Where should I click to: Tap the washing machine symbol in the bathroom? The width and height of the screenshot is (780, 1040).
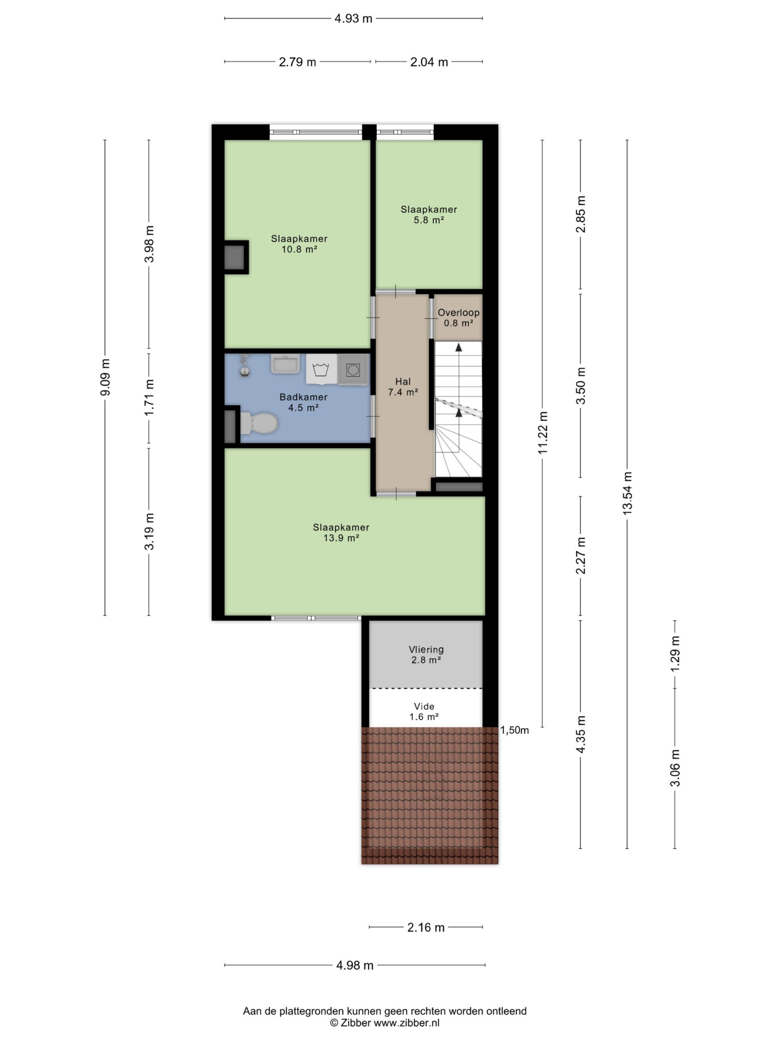coord(321,369)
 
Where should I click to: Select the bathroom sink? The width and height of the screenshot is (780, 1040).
coord(285,364)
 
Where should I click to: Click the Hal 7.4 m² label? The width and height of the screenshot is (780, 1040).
coord(403,386)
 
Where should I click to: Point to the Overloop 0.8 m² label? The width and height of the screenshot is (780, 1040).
coord(458,318)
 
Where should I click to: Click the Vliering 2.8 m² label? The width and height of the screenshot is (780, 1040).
coord(426,654)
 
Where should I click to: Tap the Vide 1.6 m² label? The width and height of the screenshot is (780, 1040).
coord(424,711)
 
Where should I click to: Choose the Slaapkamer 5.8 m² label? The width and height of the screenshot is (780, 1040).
coord(429,214)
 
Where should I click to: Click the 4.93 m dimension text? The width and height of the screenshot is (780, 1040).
coord(353,18)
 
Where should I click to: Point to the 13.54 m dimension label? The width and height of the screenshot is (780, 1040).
coord(627,493)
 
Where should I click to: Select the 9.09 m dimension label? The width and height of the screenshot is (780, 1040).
coord(105,377)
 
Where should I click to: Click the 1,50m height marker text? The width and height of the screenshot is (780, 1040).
coord(515,730)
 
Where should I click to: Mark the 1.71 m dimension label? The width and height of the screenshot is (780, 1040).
coord(149,397)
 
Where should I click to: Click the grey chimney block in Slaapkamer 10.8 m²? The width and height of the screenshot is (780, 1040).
coord(234,257)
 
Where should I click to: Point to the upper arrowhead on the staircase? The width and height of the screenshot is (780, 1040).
coord(458,347)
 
